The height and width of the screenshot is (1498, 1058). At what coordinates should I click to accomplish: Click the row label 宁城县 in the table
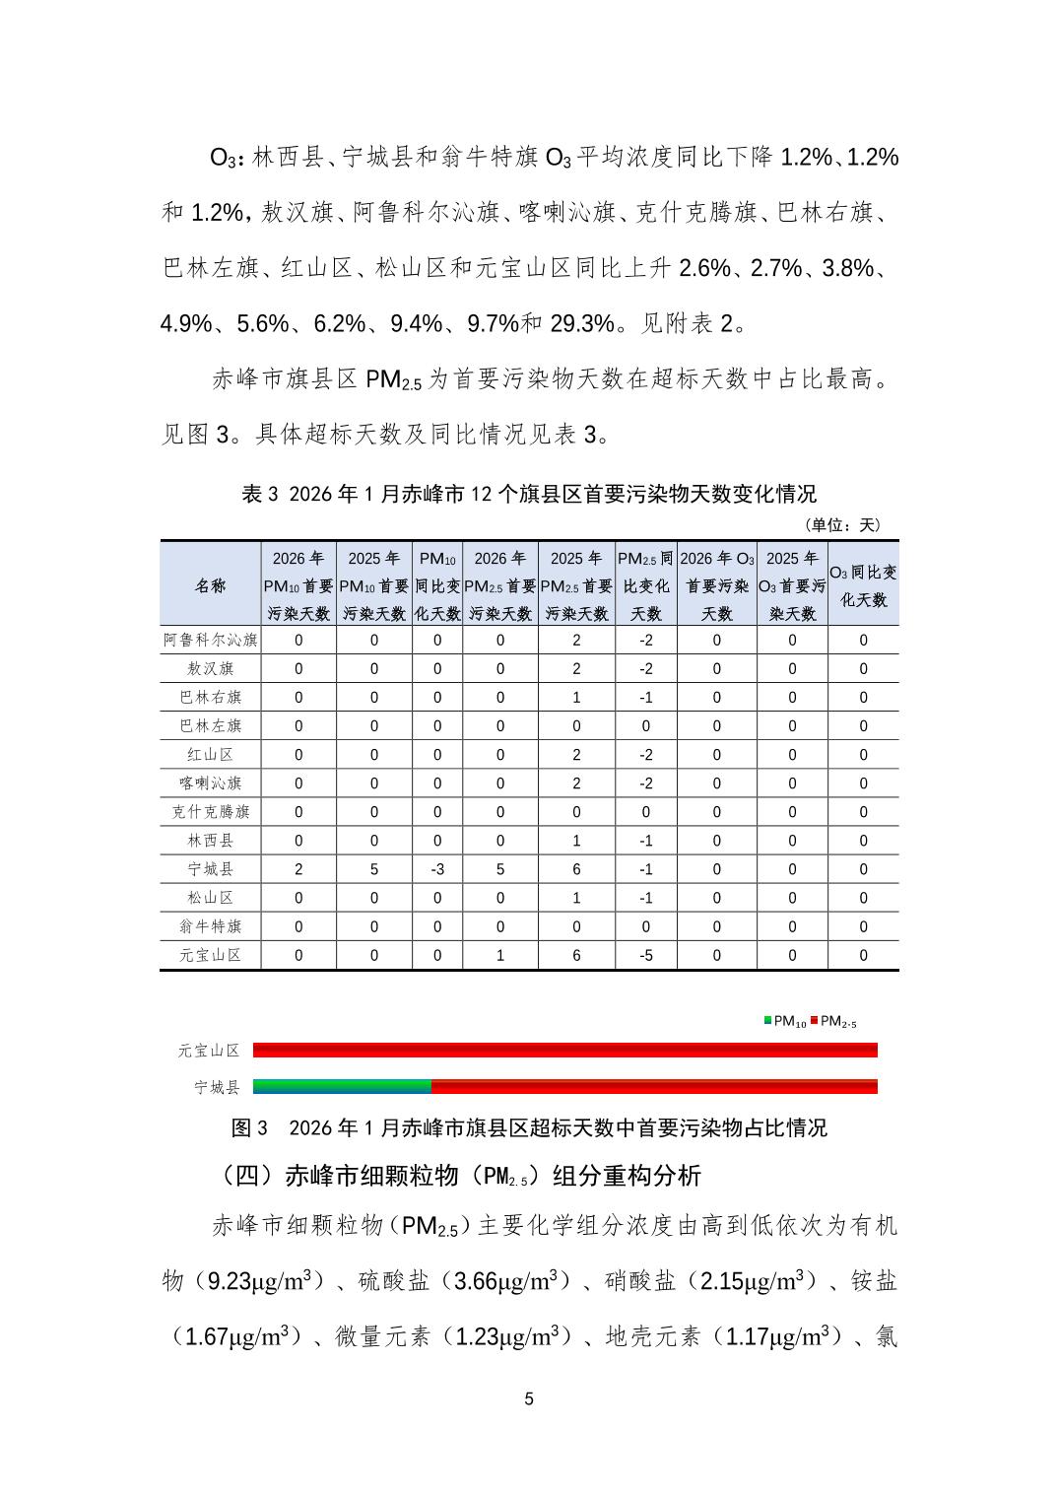210,869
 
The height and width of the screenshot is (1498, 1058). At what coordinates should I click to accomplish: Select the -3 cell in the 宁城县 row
437,869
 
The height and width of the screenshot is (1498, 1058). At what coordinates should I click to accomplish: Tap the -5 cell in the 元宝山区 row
645,955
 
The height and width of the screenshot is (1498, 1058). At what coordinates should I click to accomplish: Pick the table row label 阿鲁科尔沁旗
210,640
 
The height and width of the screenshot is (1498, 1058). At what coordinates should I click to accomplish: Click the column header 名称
210,585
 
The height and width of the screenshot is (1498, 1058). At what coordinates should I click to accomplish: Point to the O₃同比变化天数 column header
863,585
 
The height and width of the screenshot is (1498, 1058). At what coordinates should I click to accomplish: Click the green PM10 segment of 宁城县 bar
342,1087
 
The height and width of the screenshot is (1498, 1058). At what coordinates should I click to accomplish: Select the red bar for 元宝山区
564,1051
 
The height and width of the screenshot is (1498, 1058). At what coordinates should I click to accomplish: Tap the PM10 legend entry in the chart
785,1022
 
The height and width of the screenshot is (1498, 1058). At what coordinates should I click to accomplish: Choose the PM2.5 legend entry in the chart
833,1022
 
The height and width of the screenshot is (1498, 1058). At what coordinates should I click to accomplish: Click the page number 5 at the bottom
529,1399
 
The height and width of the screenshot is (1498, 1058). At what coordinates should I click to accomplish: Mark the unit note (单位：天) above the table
842,525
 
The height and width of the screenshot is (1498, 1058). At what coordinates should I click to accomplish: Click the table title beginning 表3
529,494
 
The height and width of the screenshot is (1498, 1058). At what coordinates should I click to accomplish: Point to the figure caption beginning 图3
529,1127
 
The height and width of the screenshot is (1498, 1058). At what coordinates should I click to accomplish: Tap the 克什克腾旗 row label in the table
210,812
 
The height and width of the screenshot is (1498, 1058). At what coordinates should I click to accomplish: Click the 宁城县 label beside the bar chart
217,1087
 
